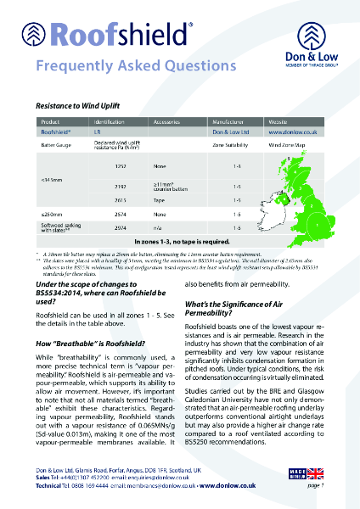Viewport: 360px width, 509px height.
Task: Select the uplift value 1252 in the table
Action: [120, 167]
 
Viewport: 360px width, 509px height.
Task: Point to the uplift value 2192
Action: [120, 185]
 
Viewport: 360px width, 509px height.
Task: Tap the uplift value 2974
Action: [120, 228]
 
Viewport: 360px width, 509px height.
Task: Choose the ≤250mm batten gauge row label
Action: [52, 215]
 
